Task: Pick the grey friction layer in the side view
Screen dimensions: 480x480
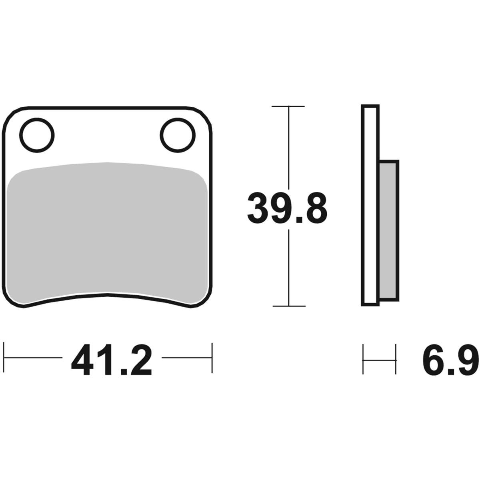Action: (388, 230)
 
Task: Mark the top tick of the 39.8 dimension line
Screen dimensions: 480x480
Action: (288, 106)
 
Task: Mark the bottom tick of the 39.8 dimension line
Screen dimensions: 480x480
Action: (289, 306)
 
